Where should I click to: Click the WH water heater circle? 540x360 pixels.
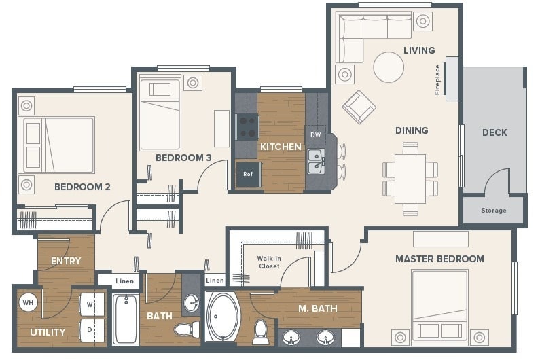click(28, 302)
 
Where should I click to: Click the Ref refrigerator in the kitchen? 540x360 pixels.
click(247, 174)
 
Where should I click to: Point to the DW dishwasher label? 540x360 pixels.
click(315, 135)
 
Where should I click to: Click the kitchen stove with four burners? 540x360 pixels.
click(247, 126)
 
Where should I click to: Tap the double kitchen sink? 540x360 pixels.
click(315, 162)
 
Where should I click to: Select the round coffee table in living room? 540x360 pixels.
click(389, 67)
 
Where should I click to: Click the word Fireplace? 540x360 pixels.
click(437, 79)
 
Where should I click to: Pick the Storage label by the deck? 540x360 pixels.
click(494, 211)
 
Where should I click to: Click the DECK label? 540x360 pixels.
click(494, 132)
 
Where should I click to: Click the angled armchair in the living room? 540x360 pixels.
click(358, 106)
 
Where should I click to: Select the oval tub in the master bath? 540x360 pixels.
click(223, 318)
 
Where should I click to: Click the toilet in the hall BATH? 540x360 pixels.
click(184, 330)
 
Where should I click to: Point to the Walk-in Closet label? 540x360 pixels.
click(269, 262)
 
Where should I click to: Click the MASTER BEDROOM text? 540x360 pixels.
click(439, 259)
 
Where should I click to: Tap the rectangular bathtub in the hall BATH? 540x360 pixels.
click(126, 319)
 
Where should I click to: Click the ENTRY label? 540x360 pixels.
click(66, 261)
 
